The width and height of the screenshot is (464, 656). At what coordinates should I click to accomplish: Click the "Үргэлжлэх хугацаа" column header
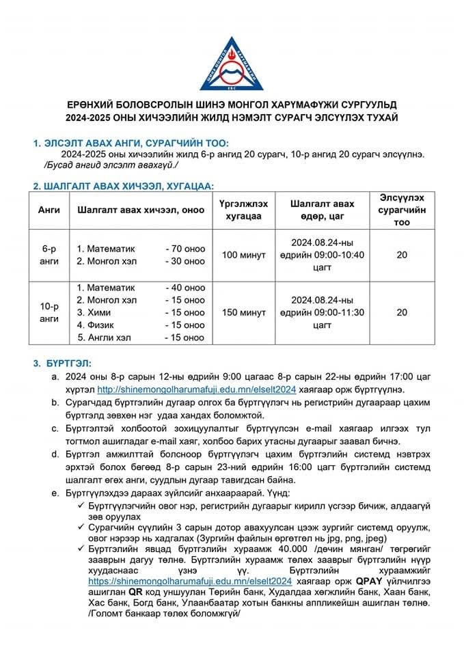tap(244, 210)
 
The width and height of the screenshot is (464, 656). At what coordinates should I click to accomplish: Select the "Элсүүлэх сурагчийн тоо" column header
tap(402, 210)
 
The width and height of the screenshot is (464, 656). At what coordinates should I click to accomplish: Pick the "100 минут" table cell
tap(244, 255)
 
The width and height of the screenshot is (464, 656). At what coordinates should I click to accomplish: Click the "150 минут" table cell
tap(244, 312)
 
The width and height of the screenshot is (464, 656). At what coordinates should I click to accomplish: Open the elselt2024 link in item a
tap(196, 389)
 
